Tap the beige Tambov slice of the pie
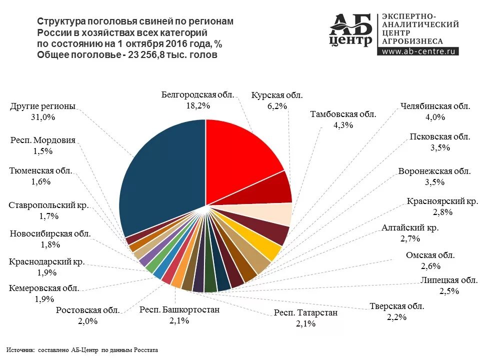(x=277, y=214)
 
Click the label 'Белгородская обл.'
(x=197, y=94)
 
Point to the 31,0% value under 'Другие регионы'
(x=42, y=117)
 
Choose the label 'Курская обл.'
(x=277, y=94)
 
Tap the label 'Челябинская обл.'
(x=435, y=106)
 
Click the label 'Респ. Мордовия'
(x=43, y=140)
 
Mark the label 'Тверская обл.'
(x=396, y=306)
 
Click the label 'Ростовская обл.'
(x=87, y=310)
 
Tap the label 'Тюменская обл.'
(x=40, y=170)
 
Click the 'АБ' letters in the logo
(x=350, y=24)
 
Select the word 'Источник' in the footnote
(x=21, y=350)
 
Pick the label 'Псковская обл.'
(x=440, y=136)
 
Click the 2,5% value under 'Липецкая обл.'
(x=449, y=291)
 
